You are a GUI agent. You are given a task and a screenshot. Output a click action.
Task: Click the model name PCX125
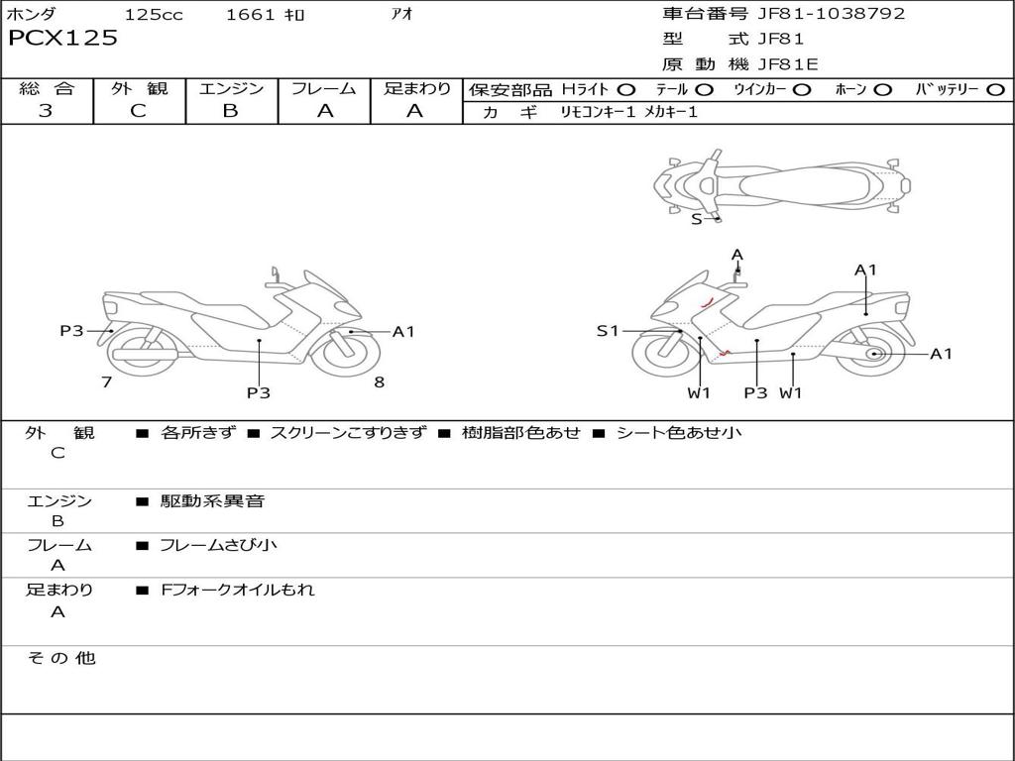tap(62, 39)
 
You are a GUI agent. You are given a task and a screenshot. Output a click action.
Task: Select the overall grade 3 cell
tap(46, 111)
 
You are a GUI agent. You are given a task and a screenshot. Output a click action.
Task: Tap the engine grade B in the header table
tap(230, 111)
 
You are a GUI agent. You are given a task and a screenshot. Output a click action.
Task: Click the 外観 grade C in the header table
tap(138, 111)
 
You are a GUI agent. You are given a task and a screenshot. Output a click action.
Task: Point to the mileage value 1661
tap(251, 15)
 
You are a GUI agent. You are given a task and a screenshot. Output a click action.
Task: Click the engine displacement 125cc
tap(154, 15)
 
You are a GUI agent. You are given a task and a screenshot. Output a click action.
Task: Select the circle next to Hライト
tap(625, 90)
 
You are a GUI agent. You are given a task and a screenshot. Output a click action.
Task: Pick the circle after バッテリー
tap(995, 90)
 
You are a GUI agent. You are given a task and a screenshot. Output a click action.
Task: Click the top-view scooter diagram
tap(781, 184)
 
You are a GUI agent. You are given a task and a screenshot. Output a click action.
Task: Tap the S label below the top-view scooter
tap(696, 219)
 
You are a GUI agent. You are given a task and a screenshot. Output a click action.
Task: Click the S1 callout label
tap(607, 331)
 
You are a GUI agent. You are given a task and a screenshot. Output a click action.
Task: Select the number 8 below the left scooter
tap(379, 382)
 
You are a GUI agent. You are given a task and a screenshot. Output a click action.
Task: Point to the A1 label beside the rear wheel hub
tap(941, 354)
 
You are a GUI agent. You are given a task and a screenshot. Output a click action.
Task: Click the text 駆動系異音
tap(212, 501)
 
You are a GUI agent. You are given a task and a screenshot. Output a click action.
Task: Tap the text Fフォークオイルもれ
tap(237, 590)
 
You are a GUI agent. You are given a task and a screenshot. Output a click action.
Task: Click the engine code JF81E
tap(788, 64)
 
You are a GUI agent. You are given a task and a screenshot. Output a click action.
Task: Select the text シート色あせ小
tap(678, 433)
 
